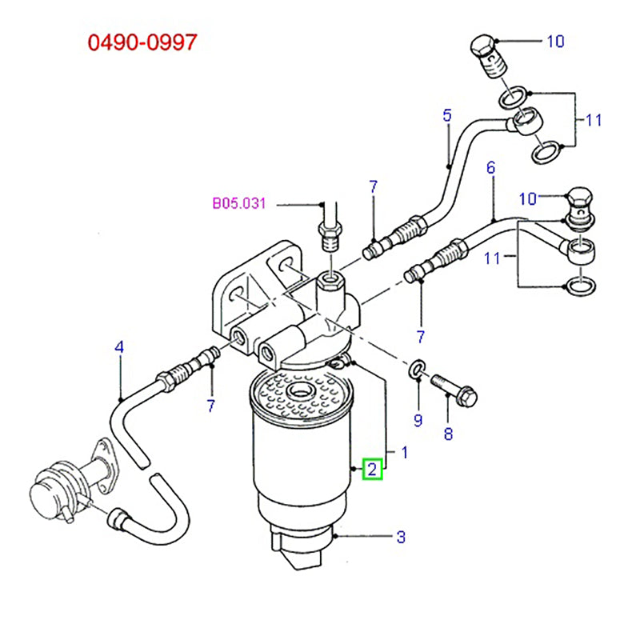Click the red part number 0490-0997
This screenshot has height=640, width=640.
[142, 42]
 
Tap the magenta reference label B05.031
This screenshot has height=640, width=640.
[238, 204]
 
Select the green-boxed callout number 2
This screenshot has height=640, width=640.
[374, 469]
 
